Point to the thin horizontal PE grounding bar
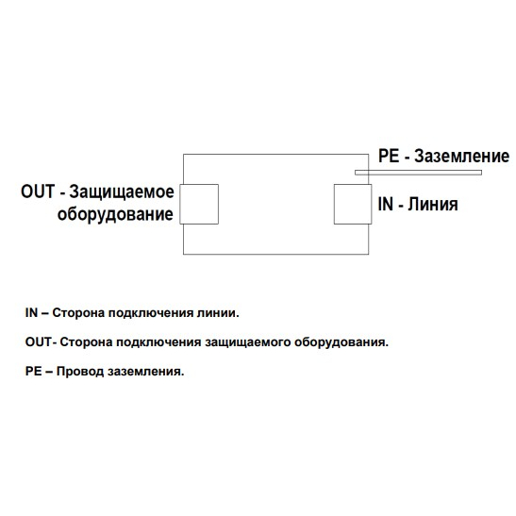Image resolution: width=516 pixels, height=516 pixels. pyautogui.click(x=418, y=173)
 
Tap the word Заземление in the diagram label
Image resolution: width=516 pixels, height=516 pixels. pyautogui.click(x=461, y=156)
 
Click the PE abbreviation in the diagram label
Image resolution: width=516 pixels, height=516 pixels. pyautogui.click(x=389, y=156)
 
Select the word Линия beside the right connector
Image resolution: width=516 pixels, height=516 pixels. pyautogui.click(x=433, y=204)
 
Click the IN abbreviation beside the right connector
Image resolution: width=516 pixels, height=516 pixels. pyautogui.click(x=386, y=204)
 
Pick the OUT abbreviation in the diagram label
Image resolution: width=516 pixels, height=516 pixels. pyautogui.click(x=38, y=191)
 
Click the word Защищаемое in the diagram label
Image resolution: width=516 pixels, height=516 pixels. pyautogui.click(x=122, y=192)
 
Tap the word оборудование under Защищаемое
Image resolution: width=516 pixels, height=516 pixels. pyautogui.click(x=115, y=214)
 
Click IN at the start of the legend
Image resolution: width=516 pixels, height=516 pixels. pyautogui.click(x=31, y=312)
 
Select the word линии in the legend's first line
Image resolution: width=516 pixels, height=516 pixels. pyautogui.click(x=218, y=312)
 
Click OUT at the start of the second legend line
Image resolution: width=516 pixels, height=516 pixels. pyautogui.click(x=38, y=341)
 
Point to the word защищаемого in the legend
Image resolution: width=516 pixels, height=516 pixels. pyautogui.click(x=247, y=342)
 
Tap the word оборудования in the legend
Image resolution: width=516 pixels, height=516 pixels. pyautogui.click(x=341, y=342)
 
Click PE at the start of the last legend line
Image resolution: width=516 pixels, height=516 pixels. pyautogui.click(x=34, y=372)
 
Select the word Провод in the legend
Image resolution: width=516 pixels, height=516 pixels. pyautogui.click(x=80, y=372)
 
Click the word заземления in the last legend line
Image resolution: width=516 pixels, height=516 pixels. pyautogui.click(x=146, y=372)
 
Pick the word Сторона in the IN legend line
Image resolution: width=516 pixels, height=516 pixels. pyautogui.click(x=78, y=313)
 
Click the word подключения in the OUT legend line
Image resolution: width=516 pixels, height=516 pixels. pyautogui.click(x=158, y=342)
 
